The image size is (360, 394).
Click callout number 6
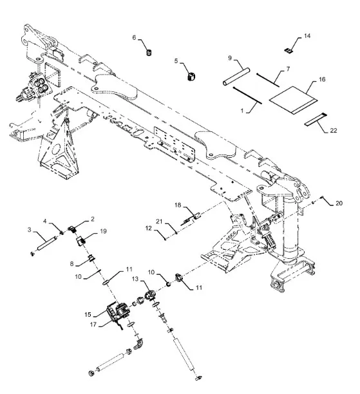(x=134, y=38)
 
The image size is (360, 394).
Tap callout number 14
(x=307, y=36)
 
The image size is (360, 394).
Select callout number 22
(x=334, y=131)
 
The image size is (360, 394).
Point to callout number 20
(x=339, y=203)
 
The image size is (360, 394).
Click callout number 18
(x=178, y=205)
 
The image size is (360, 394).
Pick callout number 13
(x=135, y=279)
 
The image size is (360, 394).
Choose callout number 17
(x=93, y=324)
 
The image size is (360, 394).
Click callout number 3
(x=30, y=230)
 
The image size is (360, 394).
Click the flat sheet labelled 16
(x=294, y=100)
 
